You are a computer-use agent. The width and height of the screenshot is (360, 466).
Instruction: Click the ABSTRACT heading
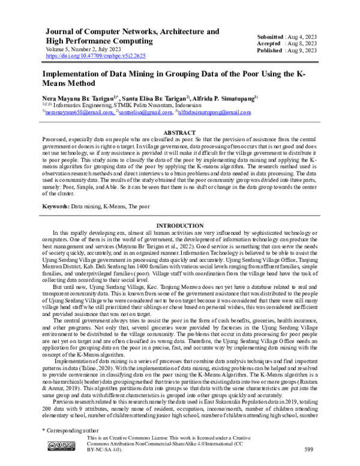click(x=179, y=131)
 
